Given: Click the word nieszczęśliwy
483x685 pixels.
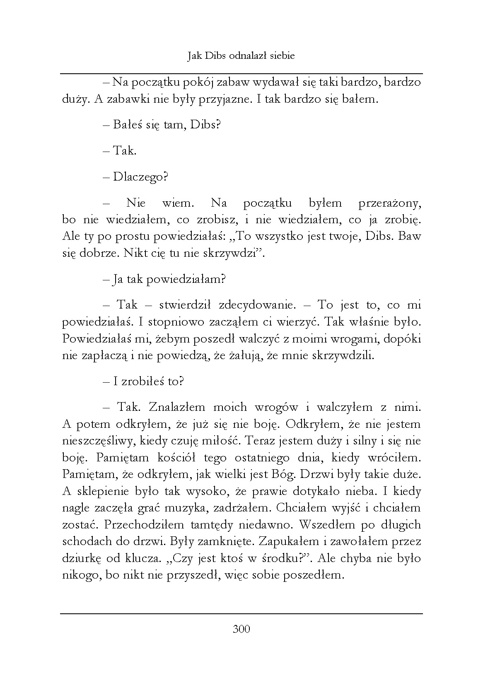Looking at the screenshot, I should pyautogui.click(x=99, y=441).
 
